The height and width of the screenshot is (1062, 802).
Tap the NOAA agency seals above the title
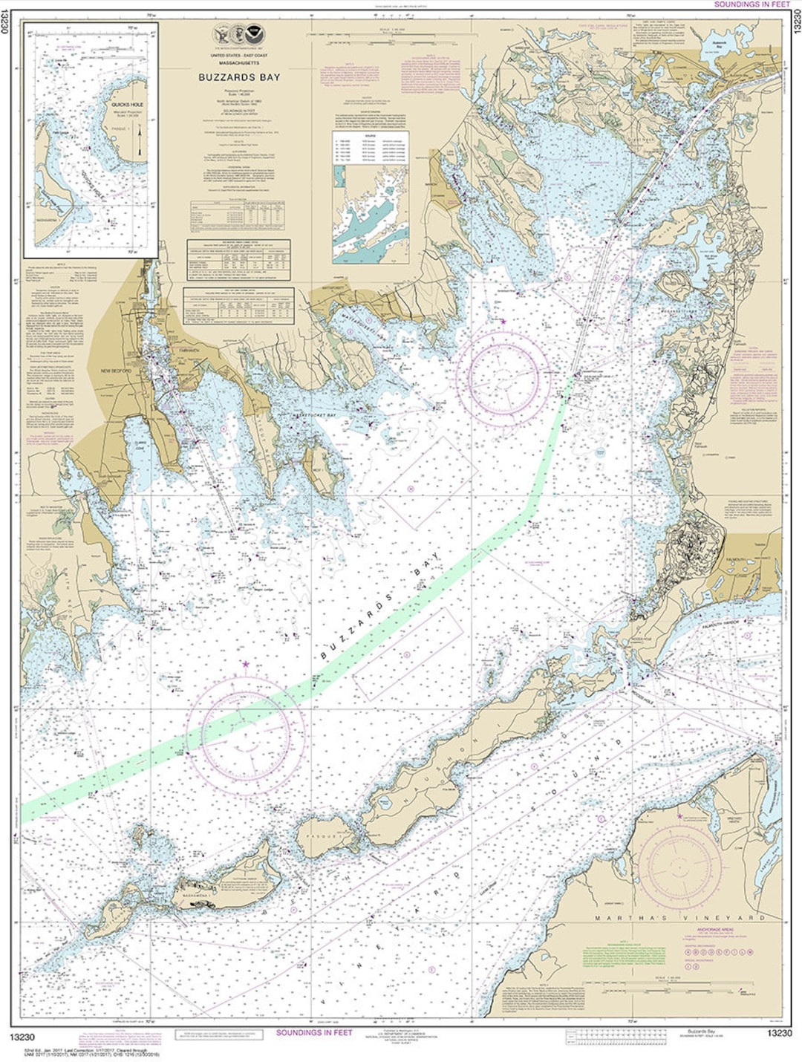[238, 34]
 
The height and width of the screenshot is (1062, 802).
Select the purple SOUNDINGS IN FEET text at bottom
[314, 1032]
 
